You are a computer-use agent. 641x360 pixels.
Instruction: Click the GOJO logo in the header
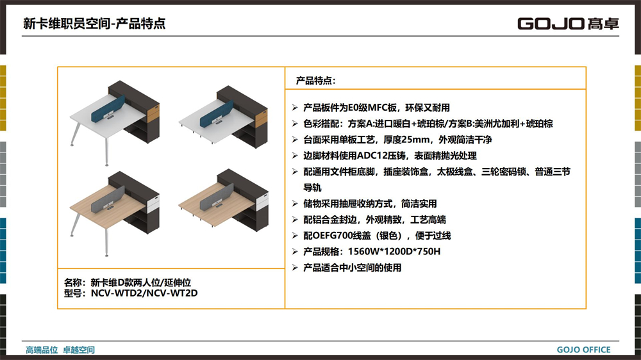coord(568,24)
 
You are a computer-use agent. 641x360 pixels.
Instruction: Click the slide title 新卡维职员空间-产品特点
coord(94,24)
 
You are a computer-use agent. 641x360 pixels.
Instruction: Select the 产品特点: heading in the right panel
coord(315,81)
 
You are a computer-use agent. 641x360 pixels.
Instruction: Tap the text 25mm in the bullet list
coord(416,140)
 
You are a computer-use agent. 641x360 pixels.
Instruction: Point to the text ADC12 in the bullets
coord(370,156)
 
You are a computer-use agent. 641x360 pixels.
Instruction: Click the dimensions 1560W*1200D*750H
coord(394,251)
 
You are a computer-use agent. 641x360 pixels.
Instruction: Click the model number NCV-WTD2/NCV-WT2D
coord(144,293)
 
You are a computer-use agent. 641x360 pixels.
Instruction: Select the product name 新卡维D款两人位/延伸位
coord(140,282)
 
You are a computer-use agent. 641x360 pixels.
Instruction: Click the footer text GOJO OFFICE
coord(583,350)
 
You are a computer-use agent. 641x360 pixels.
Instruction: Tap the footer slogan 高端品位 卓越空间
coord(60,350)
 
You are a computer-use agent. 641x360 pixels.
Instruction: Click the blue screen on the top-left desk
coord(108,109)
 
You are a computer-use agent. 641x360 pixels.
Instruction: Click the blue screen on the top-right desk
coord(216,113)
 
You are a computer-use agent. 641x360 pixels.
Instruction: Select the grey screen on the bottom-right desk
coord(217,197)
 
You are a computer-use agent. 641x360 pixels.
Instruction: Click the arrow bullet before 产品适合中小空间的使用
coord(295,268)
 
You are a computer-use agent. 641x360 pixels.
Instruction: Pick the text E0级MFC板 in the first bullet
coord(372,108)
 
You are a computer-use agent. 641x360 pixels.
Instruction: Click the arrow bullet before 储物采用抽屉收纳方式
coord(295,204)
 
